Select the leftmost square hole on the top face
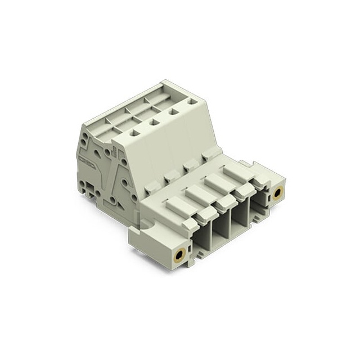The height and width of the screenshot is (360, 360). coord(134,133)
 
